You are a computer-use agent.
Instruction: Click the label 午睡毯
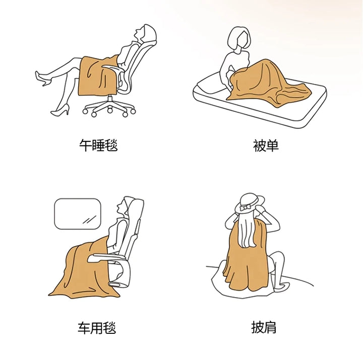click(98, 145)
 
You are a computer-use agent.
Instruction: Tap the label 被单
click(266, 146)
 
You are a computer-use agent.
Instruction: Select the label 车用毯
click(97, 328)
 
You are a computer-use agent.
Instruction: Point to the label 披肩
click(264, 327)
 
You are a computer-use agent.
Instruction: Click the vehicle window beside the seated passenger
click(78, 213)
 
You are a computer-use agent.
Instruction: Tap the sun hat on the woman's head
click(250, 203)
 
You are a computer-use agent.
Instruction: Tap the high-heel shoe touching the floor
click(60, 110)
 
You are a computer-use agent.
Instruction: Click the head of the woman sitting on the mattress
click(239, 39)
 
